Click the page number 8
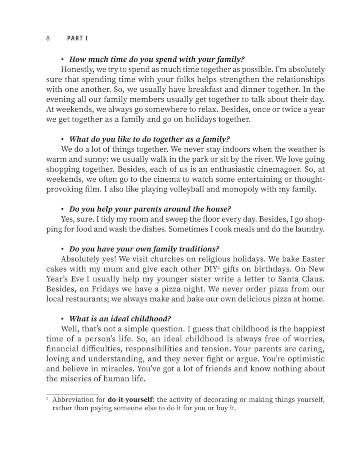(48, 38)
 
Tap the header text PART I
(77, 38)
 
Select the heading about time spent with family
(157, 59)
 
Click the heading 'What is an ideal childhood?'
(120, 319)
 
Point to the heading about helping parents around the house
(150, 209)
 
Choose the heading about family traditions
(144, 249)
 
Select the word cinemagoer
(285, 169)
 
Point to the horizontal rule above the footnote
(72, 394)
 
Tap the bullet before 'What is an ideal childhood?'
(63, 319)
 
